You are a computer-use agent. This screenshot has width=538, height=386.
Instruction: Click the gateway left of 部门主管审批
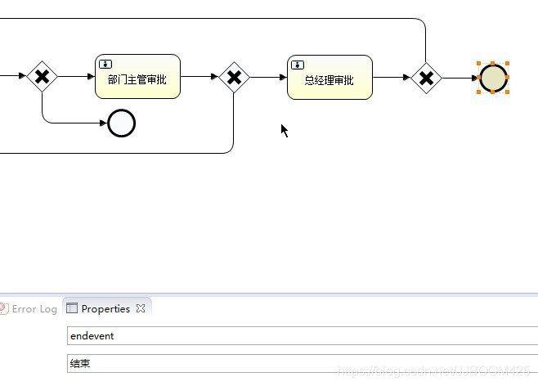coord(43,78)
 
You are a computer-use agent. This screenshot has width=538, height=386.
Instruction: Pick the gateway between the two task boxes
coord(234,78)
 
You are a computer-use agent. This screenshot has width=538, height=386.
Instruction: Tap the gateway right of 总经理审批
coord(426,78)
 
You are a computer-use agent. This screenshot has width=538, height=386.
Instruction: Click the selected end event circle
coord(493,78)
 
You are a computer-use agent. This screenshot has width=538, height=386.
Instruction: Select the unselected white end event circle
coord(121,123)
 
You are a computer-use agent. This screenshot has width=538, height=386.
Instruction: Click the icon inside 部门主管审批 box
coord(105,64)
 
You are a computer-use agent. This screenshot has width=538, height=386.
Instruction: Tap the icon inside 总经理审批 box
coord(298,64)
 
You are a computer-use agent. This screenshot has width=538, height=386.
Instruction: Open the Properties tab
coord(105,309)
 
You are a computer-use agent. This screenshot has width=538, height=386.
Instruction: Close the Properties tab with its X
coord(140,309)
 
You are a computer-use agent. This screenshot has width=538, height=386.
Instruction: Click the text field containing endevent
coord(303,336)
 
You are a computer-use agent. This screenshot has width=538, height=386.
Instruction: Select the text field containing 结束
coord(303,363)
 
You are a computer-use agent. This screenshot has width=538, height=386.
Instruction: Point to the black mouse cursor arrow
coord(284,129)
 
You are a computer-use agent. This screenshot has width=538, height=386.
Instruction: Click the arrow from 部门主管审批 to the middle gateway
coord(200,77)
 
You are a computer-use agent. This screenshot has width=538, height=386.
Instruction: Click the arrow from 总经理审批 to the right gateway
coord(392,78)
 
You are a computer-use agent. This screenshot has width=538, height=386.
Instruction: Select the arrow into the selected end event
coord(460,78)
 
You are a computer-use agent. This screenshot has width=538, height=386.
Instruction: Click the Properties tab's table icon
coord(72,309)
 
